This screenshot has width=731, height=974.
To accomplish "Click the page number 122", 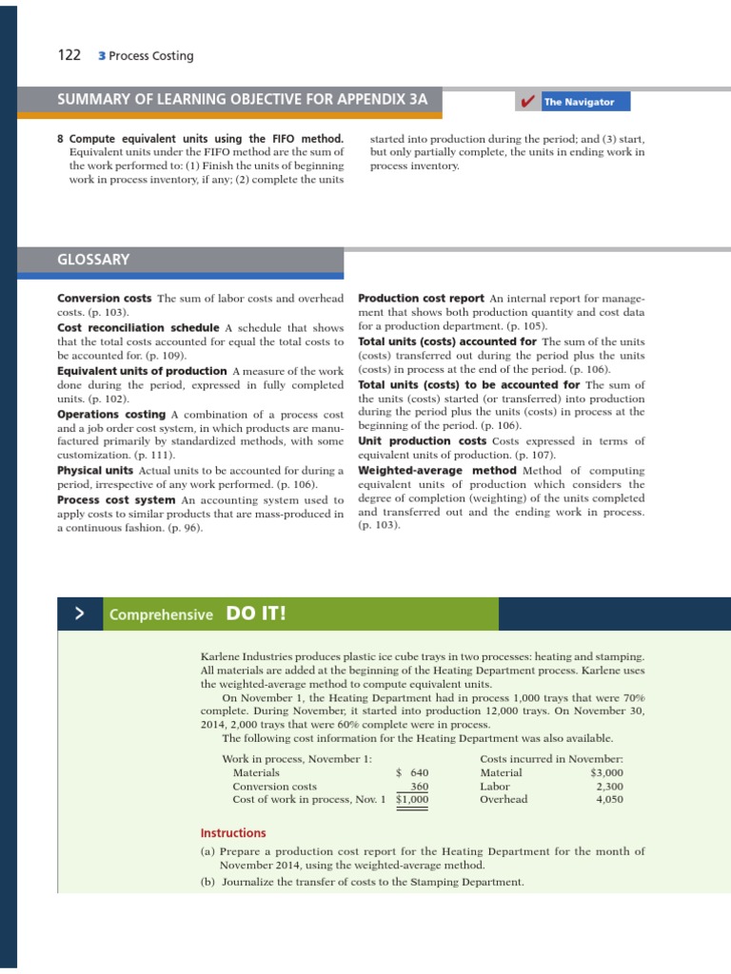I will (69, 55).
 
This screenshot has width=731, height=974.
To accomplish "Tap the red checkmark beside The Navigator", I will (524, 102).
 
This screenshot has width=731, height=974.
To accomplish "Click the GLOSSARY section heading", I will (93, 259).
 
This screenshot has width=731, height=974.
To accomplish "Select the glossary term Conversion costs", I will (105, 298).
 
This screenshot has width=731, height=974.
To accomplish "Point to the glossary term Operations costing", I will (111, 414).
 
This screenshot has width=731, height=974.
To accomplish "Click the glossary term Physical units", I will (95, 471).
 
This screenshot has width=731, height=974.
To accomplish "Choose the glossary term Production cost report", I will (421, 298).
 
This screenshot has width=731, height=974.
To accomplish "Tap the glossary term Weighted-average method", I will (437, 471).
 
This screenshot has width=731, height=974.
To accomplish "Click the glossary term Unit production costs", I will (422, 441).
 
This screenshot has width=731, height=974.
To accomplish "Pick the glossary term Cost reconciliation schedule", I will (138, 327).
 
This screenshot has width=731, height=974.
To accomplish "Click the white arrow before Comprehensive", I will (81, 614).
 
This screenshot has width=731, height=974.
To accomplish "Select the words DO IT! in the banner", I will (255, 613).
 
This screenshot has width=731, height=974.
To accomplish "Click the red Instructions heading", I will (233, 833).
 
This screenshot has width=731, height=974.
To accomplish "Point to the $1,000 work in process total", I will (412, 800).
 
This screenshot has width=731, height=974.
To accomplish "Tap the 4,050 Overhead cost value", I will (609, 800).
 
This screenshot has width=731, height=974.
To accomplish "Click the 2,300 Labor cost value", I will (609, 787).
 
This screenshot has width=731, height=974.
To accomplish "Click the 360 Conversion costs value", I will (419, 787).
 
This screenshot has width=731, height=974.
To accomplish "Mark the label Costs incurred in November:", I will (551, 758).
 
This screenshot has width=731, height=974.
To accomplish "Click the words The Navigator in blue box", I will (579, 102).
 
